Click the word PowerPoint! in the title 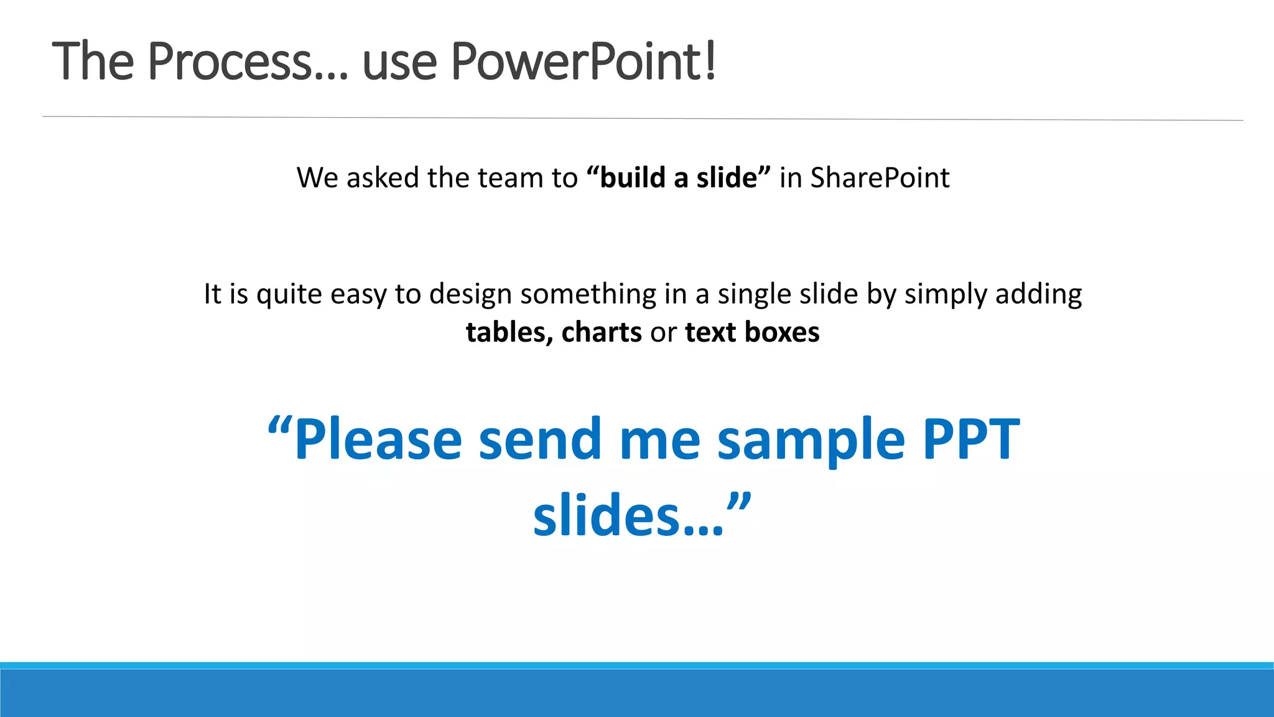[x=584, y=61]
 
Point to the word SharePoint [x=880, y=178]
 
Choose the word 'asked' [x=383, y=178]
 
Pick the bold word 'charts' [x=601, y=332]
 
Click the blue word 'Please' [x=378, y=439]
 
